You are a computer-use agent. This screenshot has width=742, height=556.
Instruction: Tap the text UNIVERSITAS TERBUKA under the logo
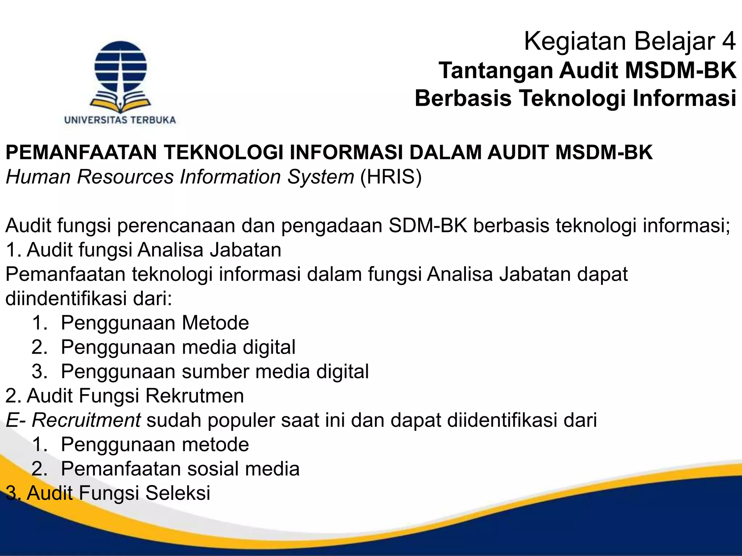click(120, 120)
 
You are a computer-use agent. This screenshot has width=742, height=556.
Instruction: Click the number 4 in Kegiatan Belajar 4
click(729, 41)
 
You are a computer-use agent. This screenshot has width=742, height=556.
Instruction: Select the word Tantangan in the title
click(496, 70)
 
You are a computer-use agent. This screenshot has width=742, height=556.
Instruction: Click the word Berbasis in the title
click(463, 98)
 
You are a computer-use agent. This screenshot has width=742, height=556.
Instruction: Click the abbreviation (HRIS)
click(391, 177)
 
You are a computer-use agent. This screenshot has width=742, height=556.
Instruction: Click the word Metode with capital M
click(215, 323)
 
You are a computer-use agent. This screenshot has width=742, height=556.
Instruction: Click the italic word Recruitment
click(86, 420)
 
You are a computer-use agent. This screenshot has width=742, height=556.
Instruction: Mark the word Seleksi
click(178, 493)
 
